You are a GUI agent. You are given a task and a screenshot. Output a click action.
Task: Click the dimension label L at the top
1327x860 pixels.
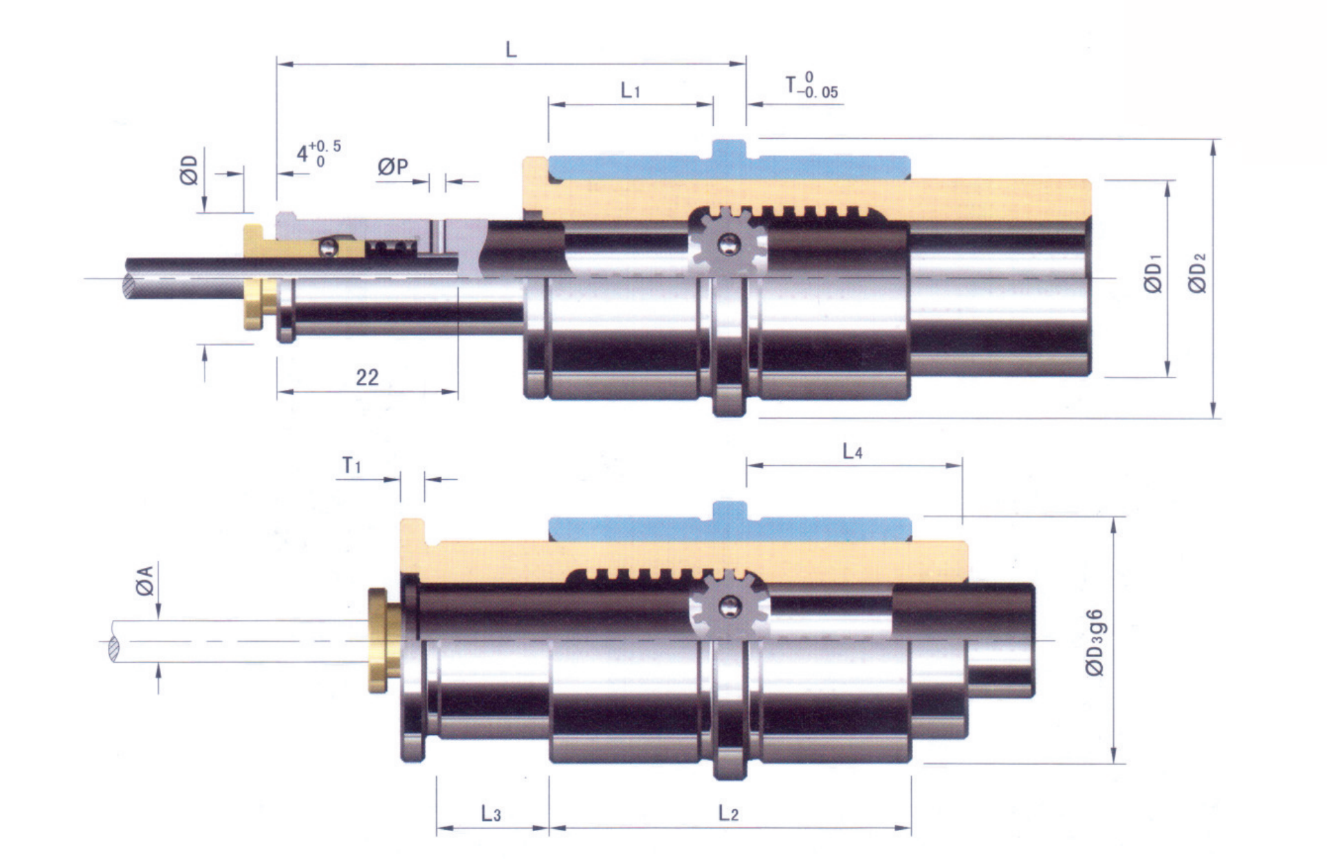point(511,49)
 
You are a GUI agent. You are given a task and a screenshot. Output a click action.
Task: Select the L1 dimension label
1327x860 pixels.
point(630,90)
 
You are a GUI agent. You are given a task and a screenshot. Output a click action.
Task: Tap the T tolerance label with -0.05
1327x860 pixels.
point(812,85)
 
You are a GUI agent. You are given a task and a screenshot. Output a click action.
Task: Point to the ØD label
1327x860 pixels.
point(189,170)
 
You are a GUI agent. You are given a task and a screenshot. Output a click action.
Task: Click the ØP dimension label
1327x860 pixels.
point(393,166)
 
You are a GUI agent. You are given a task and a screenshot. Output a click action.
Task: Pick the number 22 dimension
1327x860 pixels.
point(367,377)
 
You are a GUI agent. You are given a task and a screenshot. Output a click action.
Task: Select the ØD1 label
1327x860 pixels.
point(1154,274)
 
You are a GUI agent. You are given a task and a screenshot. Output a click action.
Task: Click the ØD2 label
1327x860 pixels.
point(1198,274)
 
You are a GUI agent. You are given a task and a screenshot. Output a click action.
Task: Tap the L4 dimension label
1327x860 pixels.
point(852,451)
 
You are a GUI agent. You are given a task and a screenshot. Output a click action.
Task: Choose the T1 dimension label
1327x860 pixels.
point(351,466)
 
